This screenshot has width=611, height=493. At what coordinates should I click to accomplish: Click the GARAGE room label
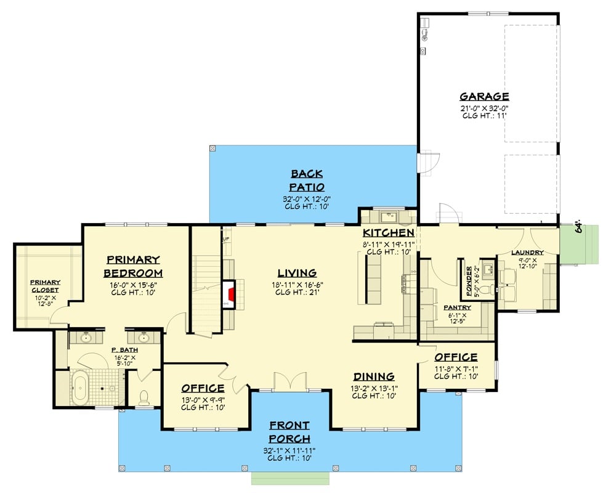pyautogui.click(x=484, y=96)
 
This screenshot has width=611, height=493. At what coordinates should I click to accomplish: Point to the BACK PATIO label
pyautogui.click(x=307, y=181)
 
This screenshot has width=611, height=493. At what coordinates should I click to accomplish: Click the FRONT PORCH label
pyautogui.click(x=289, y=432)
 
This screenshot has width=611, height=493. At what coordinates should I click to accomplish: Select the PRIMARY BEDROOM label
pyautogui.click(x=133, y=266)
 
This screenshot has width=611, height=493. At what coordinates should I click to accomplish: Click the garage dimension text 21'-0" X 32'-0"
pyautogui.click(x=484, y=108)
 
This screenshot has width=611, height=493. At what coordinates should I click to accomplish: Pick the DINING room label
pyautogui.click(x=373, y=377)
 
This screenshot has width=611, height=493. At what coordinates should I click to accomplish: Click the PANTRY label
pyautogui.click(x=457, y=307)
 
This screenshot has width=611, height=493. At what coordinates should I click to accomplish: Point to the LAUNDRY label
pyautogui.click(x=526, y=252)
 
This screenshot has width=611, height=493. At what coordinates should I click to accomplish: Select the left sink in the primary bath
pyautogui.click(x=86, y=338)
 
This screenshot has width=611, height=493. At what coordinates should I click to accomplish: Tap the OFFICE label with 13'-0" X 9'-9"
pyautogui.click(x=203, y=388)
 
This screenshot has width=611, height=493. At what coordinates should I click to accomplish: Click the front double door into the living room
pyautogui.click(x=289, y=382)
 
